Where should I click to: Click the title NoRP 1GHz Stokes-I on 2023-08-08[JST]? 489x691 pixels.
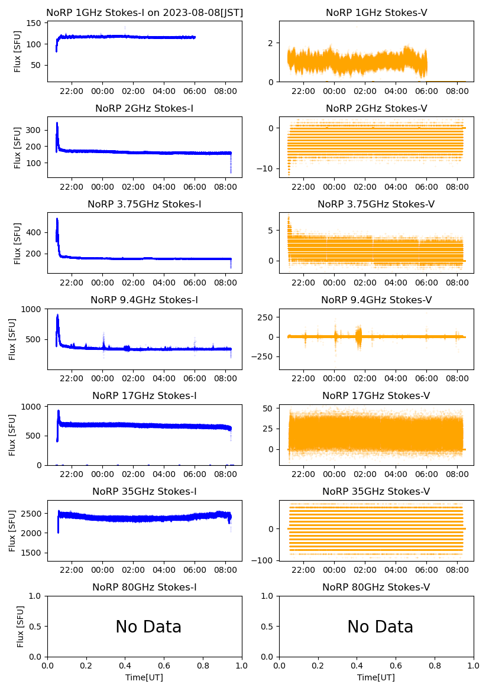[144, 12]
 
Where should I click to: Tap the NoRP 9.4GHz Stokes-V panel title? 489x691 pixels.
[376, 300]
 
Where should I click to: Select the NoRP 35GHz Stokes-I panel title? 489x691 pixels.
[144, 491]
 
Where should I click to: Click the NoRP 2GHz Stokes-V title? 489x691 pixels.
[376, 108]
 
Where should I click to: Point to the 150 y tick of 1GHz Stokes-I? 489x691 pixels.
[34, 24]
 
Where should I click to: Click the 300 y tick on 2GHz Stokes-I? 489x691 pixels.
[34, 130]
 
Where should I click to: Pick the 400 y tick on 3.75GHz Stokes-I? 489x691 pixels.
[34, 232]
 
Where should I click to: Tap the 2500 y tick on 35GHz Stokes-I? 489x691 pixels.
[32, 513]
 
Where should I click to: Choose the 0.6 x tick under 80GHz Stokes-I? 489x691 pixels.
[164, 666]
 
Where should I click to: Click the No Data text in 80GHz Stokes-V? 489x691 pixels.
[380, 627]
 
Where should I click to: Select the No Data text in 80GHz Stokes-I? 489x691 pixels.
[148, 627]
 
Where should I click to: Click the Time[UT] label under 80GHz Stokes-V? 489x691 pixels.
[376, 677]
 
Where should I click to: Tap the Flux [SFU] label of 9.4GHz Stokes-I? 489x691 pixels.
[12, 339]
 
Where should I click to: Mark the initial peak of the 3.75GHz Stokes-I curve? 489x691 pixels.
[57, 219]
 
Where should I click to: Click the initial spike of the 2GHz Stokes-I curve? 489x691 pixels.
[57, 124]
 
